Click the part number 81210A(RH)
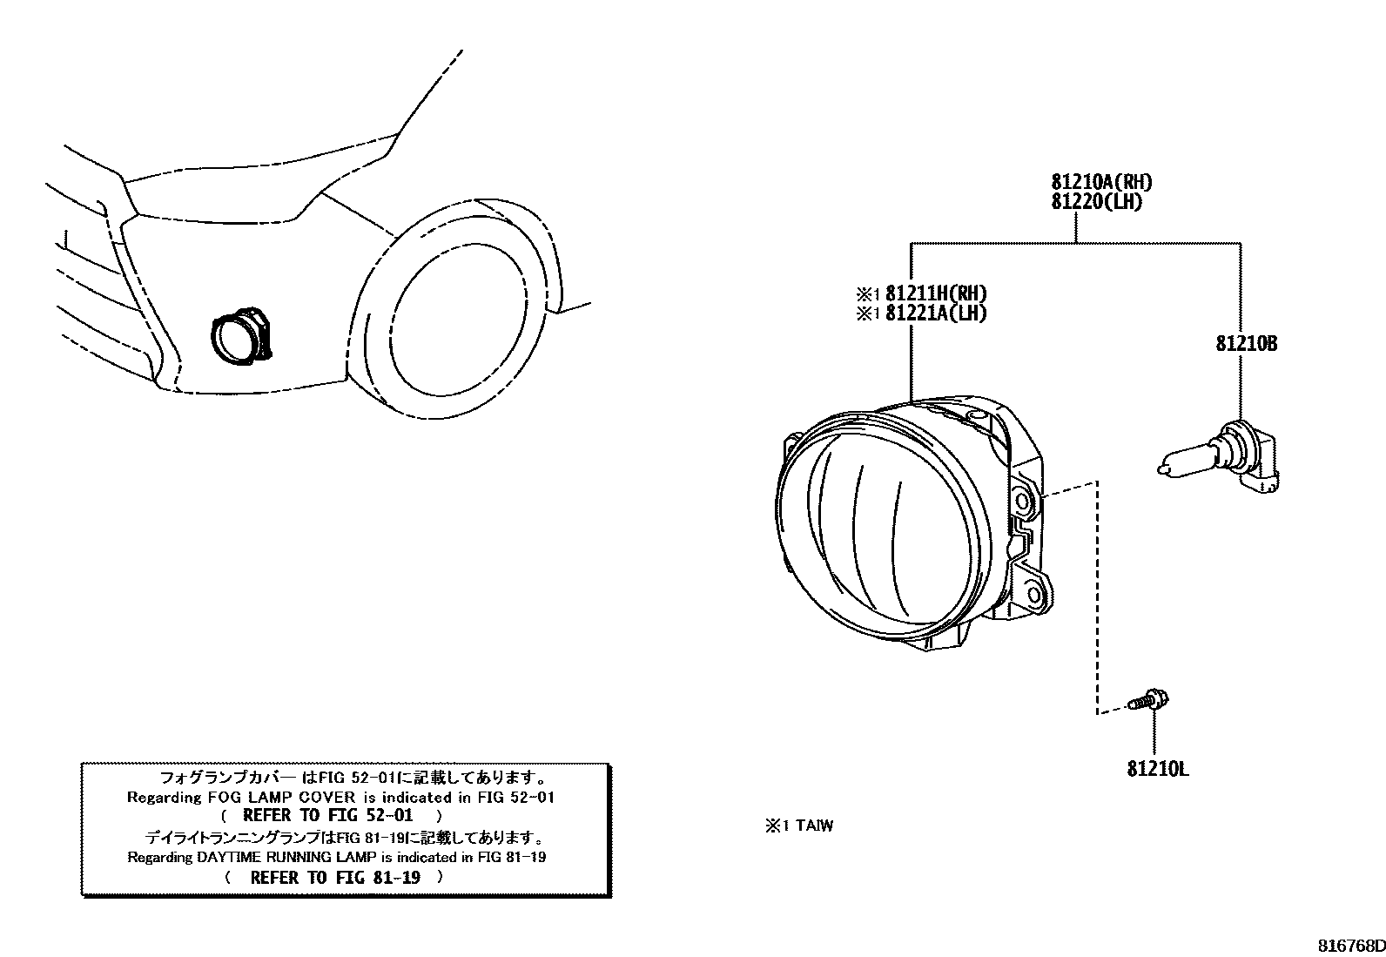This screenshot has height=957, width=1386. (1101, 182)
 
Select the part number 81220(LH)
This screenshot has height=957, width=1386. (1096, 202)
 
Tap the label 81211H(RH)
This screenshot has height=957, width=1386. (936, 293)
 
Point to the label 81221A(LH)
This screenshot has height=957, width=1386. (936, 313)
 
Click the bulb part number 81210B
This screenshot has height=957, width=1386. (1247, 344)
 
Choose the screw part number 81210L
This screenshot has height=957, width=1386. (1157, 769)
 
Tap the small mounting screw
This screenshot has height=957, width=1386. (1148, 699)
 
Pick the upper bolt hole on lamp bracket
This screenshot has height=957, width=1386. (1023, 502)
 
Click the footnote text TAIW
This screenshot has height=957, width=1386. (812, 826)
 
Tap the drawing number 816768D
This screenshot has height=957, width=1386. (1349, 945)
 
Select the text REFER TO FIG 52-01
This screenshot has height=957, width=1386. (327, 816)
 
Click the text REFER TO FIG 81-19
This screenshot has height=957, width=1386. (334, 877)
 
